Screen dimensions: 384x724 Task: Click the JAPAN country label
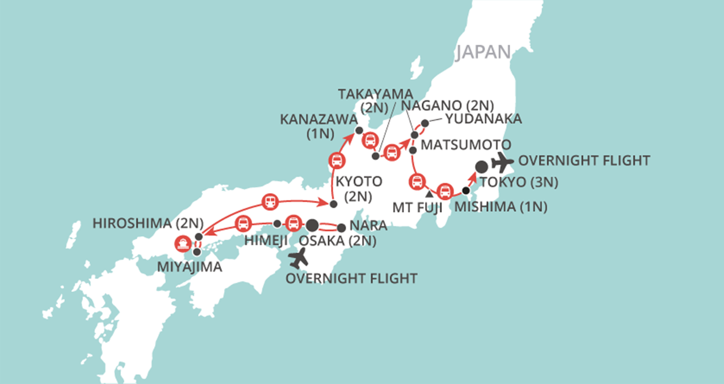point(483,52)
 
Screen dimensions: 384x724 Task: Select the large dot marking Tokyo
point(481,167)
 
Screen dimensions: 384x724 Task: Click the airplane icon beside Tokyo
point(502,161)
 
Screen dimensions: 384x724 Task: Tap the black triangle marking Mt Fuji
point(429,193)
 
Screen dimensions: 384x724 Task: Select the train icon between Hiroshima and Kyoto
point(270,202)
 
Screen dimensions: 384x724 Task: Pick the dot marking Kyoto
point(333,204)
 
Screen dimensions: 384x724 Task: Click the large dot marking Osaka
point(312,224)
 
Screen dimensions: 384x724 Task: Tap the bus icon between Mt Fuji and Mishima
point(445,190)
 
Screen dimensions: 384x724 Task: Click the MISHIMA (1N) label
point(501,207)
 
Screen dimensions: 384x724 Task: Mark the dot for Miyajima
point(197,252)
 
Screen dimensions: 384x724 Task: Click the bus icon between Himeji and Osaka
point(293,224)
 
